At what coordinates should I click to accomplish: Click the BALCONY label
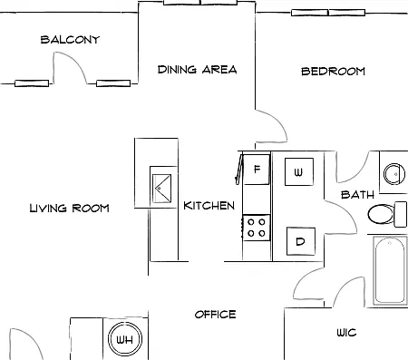coord(70,40)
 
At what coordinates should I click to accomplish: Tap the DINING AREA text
coord(197,70)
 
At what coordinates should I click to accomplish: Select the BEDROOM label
coord(333,72)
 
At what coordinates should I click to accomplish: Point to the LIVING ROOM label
coord(69,208)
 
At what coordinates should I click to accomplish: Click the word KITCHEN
coord(209,206)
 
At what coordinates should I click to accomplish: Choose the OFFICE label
coord(215,315)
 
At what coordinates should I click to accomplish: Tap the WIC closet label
coord(346,333)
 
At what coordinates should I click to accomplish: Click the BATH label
coord(357,195)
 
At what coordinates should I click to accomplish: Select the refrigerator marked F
coord(257,170)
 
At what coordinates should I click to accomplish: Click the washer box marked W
coord(299,171)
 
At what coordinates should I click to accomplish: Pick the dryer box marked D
coord(301,241)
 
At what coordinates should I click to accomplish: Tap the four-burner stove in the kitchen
coord(257,228)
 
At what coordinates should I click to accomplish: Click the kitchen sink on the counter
coord(161,188)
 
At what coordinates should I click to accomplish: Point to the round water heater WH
coord(125,339)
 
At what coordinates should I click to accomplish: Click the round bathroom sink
coord(394,174)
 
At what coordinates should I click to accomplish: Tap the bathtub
coord(390,270)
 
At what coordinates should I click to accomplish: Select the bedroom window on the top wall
coord(328,13)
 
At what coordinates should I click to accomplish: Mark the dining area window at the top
coord(200,3)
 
